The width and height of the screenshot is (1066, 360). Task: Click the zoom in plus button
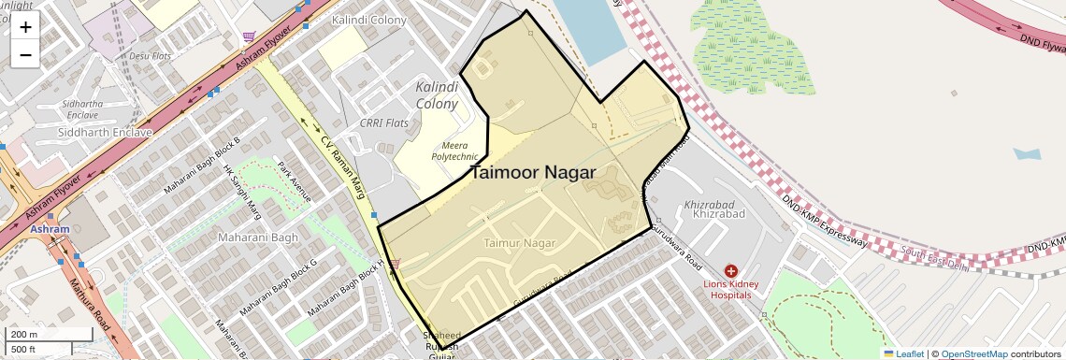coord(25,27)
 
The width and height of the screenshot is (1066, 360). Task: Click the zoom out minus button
coord(25,54)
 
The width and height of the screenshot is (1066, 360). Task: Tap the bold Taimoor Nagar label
coord(533,173)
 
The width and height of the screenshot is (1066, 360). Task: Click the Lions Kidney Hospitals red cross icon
coord(730,269)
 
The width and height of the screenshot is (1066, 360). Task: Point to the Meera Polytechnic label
coord(455,151)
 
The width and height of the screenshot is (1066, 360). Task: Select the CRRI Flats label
coord(384,123)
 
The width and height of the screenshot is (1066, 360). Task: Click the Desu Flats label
coord(151,56)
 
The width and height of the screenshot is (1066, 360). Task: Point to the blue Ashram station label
coord(49,229)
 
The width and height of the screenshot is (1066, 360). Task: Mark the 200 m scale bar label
coord(24,335)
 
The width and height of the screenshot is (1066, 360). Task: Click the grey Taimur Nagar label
coord(520,243)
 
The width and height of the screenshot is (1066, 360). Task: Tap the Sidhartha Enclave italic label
coord(81,108)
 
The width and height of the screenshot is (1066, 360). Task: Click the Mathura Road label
coord(94,309)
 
